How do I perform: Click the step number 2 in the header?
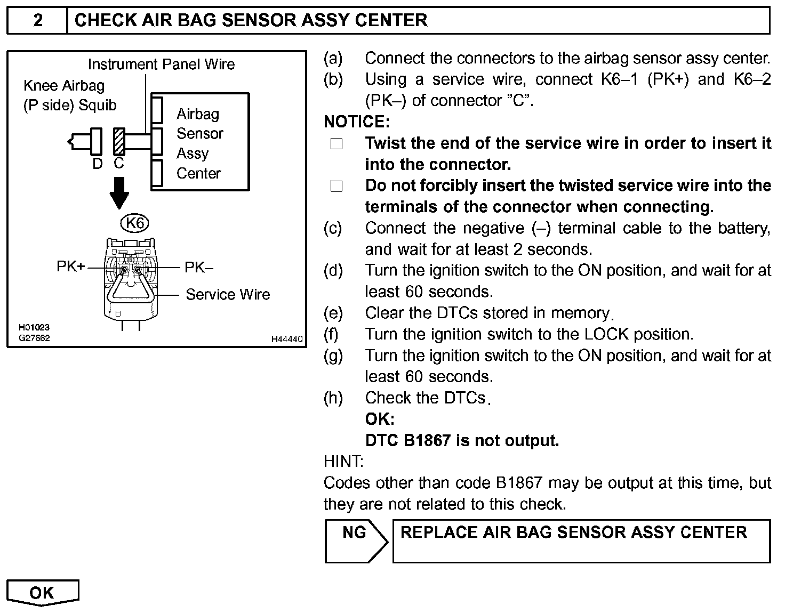(38, 21)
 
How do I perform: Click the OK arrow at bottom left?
(42, 593)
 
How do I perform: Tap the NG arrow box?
(356, 541)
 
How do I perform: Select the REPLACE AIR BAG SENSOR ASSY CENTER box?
(581, 541)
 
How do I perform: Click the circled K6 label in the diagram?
(135, 223)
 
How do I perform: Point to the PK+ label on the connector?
(70, 266)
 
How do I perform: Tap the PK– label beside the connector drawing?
(198, 267)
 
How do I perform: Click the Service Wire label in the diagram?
(228, 294)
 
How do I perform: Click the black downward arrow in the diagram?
(119, 192)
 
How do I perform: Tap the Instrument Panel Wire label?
(161, 64)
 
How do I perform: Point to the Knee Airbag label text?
(64, 86)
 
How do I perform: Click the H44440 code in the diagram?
(287, 340)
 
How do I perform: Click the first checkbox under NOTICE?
(337, 144)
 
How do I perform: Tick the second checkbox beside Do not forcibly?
(337, 187)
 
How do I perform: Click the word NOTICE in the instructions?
(356, 122)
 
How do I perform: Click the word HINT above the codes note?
(343, 462)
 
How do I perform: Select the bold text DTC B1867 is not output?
(462, 441)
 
